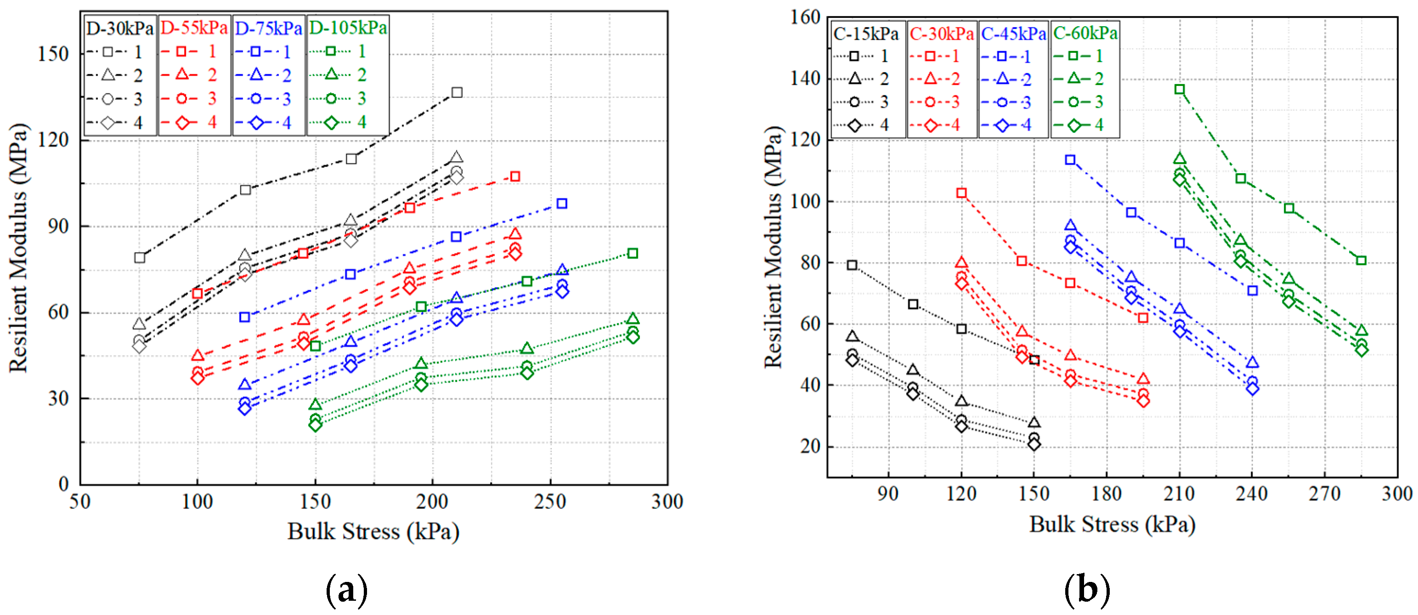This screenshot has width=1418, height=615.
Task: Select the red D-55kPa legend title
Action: [x=194, y=28]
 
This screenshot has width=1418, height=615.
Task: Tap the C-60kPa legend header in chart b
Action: [x=1085, y=34]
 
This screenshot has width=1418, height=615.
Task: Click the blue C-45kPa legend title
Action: [x=1013, y=34]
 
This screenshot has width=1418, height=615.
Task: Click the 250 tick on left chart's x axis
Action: [x=550, y=502]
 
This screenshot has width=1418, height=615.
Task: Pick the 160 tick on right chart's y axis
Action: [x=805, y=17]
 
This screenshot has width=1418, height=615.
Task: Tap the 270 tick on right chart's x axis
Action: [x=1324, y=493]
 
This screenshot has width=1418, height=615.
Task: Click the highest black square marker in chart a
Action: [x=456, y=92]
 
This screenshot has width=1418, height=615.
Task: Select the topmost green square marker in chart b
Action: [x=1179, y=89]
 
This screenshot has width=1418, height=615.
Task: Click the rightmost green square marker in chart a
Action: [x=633, y=253]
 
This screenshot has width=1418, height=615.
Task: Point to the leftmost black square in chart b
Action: [x=852, y=265]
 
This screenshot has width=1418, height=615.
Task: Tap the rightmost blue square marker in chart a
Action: [x=561, y=204]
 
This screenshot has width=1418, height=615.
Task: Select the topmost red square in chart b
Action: [x=961, y=193]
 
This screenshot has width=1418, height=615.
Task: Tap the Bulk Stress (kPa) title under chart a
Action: [x=373, y=531]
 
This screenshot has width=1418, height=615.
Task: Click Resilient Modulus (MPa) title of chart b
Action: [x=773, y=248]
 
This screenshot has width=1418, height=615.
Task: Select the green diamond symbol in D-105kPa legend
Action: [x=331, y=122]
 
